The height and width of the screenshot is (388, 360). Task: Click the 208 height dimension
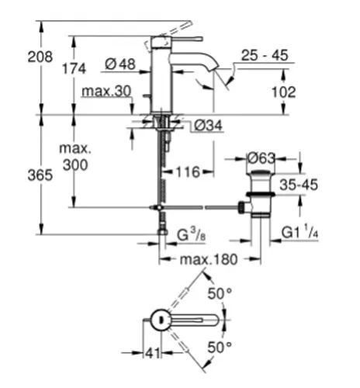[40, 57]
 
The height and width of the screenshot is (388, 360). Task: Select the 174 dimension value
[74, 69]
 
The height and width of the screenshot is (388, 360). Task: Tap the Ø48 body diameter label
[120, 64]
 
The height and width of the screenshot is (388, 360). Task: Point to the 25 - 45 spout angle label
[265, 55]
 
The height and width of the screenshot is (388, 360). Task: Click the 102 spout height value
[284, 92]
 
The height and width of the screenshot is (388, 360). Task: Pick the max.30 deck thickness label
[106, 91]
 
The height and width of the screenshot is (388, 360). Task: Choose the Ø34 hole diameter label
[208, 126]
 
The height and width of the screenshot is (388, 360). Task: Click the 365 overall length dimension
[40, 175]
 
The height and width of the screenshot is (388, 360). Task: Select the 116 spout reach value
[188, 172]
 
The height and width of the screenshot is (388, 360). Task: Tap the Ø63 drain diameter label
[261, 158]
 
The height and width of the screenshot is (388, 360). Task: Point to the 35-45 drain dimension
[299, 185]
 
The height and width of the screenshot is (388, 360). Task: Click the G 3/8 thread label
[192, 235]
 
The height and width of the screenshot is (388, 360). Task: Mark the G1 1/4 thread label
[299, 232]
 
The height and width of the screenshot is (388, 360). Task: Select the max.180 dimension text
[209, 259]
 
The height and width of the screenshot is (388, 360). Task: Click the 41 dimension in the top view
[153, 353]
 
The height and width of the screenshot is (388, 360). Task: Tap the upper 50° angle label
[220, 294]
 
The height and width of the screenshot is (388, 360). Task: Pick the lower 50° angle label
[220, 348]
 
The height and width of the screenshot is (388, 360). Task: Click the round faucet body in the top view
[161, 320]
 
